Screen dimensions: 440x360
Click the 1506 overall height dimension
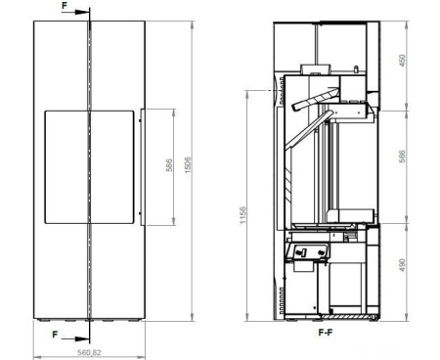pyautogui.click(x=188, y=165)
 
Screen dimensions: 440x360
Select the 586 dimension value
pyautogui.click(x=169, y=165)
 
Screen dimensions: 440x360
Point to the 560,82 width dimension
pyautogui.click(x=89, y=352)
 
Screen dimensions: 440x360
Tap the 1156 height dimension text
pyautogui.click(x=242, y=215)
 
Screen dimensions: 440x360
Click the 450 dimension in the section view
pyautogui.click(x=402, y=61)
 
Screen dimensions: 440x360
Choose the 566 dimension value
pyautogui.click(x=402, y=157)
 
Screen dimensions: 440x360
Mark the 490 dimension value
pyautogui.click(x=402, y=265)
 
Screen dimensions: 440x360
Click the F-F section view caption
pyautogui.click(x=326, y=333)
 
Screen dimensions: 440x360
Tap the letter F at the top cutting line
pyautogui.click(x=65, y=6)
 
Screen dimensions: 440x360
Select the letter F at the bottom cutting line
pyautogui.click(x=56, y=335)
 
